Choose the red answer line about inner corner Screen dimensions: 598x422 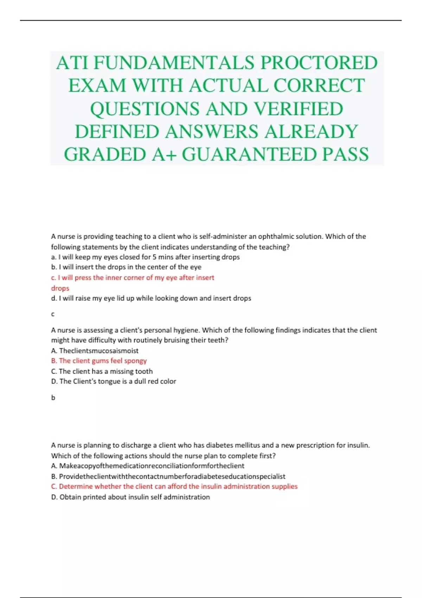click(x=133, y=278)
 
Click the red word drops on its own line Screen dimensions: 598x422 click(x=60, y=288)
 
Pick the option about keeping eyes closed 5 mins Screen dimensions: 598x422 click(x=145, y=257)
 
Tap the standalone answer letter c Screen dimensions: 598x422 click(x=53, y=314)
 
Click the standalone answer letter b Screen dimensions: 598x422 click(x=53, y=398)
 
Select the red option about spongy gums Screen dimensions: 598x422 click(x=99, y=361)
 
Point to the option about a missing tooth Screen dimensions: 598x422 click(x=102, y=371)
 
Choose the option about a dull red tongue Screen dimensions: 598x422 click(x=114, y=381)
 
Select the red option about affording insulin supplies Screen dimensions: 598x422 click(x=174, y=486)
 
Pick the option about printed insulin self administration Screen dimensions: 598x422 click(x=130, y=497)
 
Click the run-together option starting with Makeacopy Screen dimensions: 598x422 click(x=148, y=466)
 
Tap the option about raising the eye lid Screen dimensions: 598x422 click(x=151, y=298)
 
